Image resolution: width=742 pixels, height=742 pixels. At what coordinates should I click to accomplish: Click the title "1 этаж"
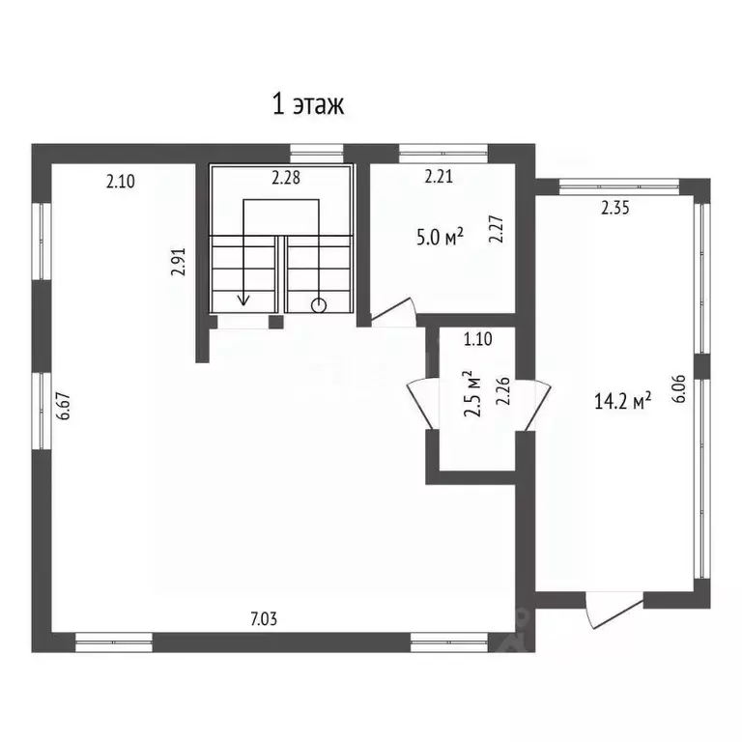pos(308,104)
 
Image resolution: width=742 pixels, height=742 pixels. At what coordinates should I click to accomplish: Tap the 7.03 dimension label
pos(264,618)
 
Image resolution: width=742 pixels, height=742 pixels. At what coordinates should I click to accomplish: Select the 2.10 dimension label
pos(121,182)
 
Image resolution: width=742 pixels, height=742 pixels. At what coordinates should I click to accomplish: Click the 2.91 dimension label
pos(179,262)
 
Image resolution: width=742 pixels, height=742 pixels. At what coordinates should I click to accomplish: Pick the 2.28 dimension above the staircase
pos(286,178)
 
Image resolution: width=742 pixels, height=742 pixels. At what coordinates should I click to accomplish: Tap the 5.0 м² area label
pos(440,237)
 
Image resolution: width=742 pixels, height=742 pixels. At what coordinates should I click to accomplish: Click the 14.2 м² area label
pos(622,402)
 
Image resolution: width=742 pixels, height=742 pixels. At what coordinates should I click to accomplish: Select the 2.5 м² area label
pos(472,394)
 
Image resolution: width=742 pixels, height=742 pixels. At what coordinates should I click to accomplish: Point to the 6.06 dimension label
pos(678,388)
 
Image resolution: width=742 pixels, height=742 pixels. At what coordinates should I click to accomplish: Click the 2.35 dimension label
pos(615,209)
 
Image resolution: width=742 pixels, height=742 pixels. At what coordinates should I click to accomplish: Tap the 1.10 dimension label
pos(478,339)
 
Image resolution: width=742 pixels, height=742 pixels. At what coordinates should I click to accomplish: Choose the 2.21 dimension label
pos(439,177)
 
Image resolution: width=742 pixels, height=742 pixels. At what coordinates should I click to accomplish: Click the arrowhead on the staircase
pos(243,300)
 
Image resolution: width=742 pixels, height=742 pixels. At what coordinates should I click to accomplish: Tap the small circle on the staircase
pos(319,305)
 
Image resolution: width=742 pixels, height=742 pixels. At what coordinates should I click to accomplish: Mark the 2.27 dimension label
pos(496,230)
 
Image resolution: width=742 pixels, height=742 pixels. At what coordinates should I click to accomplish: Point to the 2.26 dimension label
pos(502,391)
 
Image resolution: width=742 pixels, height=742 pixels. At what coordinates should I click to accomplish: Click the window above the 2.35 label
pos(619,186)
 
